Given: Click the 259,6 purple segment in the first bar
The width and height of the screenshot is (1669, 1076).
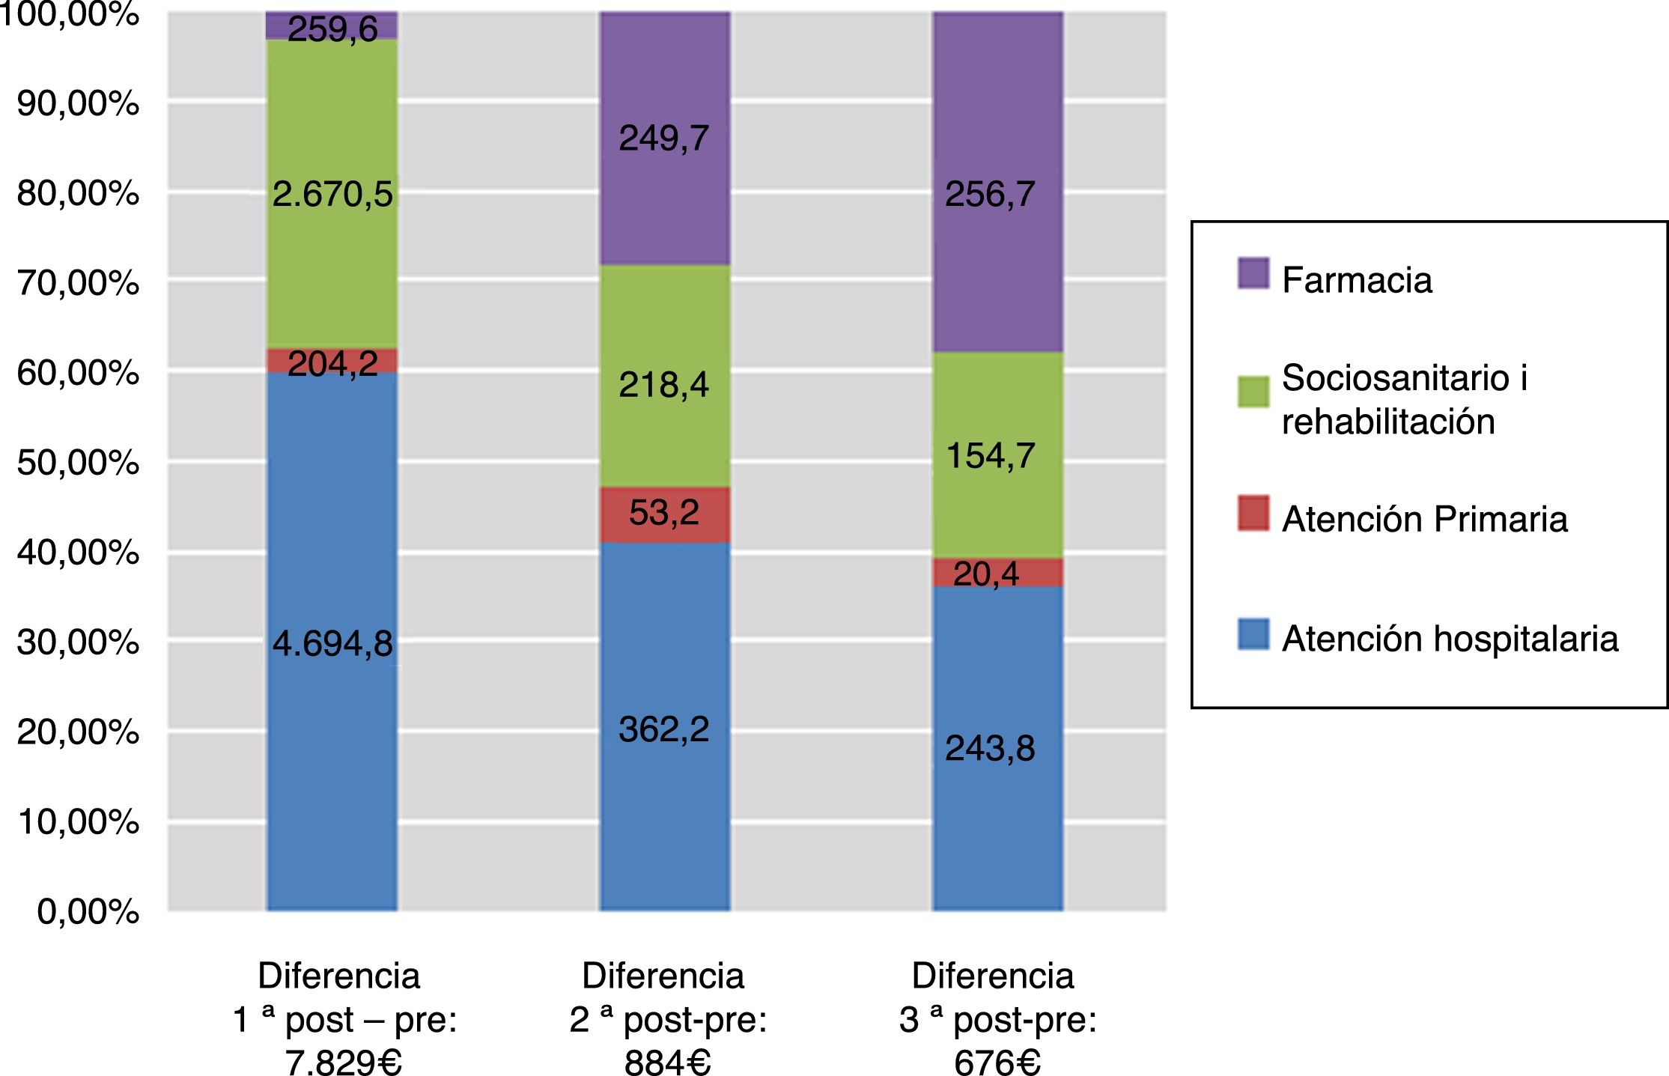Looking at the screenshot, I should (332, 25).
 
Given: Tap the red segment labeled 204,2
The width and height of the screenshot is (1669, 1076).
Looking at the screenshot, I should (332, 361).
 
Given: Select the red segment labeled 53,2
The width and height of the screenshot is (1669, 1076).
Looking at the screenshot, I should (664, 514).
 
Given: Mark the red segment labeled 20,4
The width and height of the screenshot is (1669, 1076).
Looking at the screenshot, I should (997, 573).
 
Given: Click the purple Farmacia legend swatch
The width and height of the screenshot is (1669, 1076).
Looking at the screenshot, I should (1253, 273).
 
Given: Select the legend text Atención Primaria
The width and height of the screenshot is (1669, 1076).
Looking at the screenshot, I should (1424, 519).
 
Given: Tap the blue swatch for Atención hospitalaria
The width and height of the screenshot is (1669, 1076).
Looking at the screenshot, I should (1253, 634).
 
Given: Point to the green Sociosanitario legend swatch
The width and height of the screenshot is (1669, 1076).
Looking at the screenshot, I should (1253, 391).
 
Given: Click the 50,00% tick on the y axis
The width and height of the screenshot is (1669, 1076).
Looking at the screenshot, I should (78, 463).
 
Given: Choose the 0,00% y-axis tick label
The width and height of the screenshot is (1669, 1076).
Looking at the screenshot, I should (88, 911).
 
